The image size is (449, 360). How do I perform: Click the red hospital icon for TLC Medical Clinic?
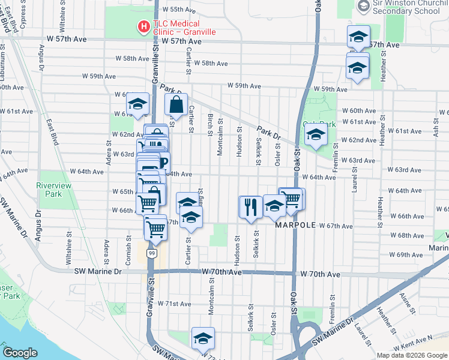(x=143, y=26)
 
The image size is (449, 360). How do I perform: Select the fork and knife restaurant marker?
(x=249, y=207)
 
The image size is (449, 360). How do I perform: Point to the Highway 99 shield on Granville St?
(x=152, y=254)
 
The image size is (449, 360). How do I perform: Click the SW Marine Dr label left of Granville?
(x=98, y=271)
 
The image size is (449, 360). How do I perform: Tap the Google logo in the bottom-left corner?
(x=20, y=353)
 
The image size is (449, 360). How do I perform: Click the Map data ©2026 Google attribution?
(x=412, y=355)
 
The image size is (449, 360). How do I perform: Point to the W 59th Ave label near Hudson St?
(x=243, y=86)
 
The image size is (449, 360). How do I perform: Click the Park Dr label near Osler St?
(x=269, y=132)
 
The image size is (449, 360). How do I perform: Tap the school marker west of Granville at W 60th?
(x=137, y=103)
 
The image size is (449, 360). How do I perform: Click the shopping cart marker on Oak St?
(x=293, y=199)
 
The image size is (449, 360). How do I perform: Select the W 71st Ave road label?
(x=180, y=304)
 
